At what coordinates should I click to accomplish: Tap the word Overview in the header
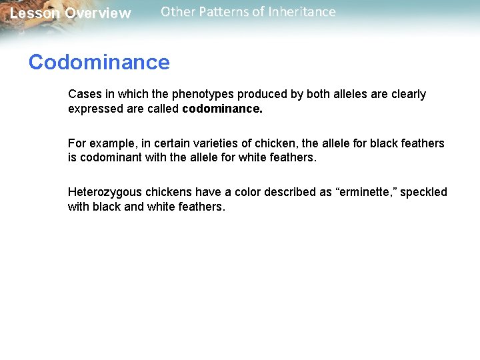(98, 13)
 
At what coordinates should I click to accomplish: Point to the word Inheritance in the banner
(304, 11)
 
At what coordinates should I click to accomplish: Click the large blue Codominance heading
(99, 62)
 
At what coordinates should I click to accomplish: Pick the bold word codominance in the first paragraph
(223, 109)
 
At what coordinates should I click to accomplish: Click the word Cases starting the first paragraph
(84, 94)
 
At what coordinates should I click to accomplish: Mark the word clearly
(407, 94)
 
